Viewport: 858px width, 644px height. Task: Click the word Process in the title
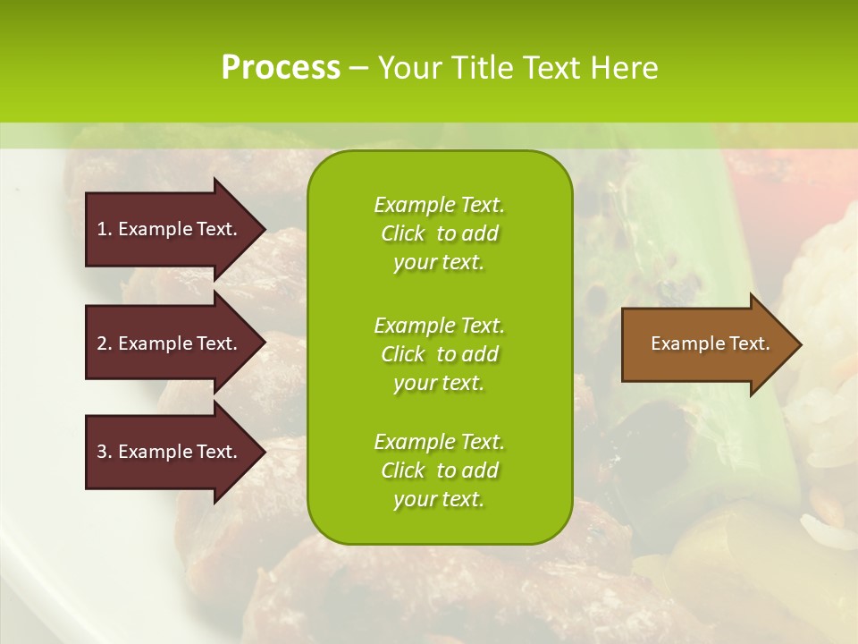281,68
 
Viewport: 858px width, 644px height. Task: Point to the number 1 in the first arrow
103,229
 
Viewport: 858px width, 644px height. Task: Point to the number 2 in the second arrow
103,343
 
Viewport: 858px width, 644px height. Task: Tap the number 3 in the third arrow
103,452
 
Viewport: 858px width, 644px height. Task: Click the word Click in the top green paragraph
403,233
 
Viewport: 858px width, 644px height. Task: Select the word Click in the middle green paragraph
403,354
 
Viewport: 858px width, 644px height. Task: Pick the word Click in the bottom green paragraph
403,470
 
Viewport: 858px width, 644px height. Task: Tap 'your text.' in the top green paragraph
438,263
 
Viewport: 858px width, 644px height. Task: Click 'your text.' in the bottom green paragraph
438,500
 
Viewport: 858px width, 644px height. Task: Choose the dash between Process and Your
359,69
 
